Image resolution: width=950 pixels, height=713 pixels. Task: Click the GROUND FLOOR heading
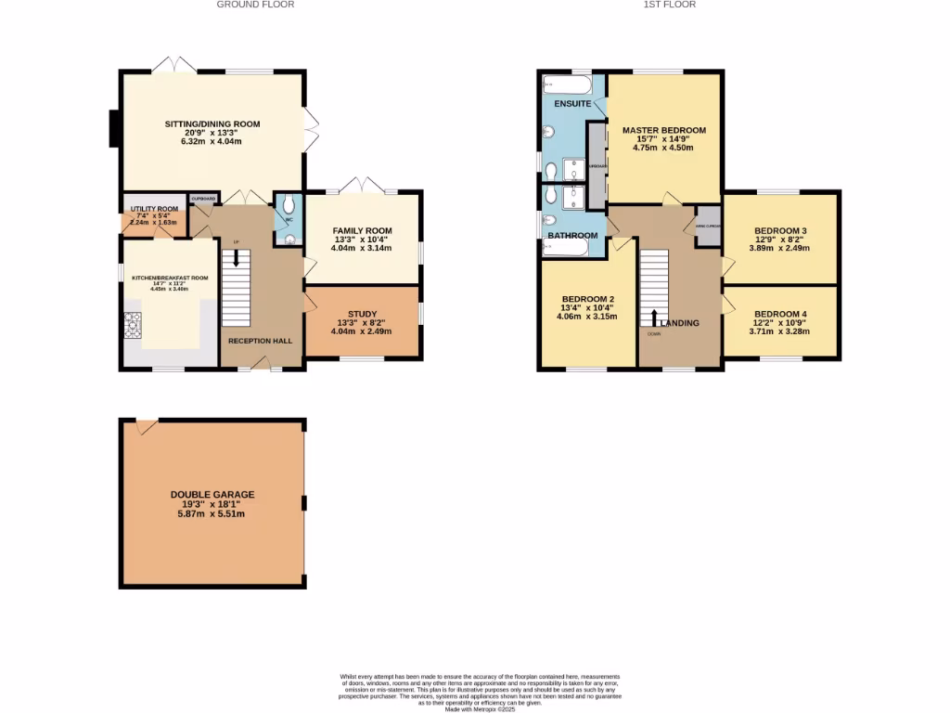[x=256, y=5]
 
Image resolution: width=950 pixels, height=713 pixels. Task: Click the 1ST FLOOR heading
[x=670, y=5]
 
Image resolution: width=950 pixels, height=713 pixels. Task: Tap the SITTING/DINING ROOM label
[x=212, y=123]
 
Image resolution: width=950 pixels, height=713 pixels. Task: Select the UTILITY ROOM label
[x=154, y=209]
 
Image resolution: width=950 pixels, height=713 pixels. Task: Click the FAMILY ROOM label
[x=363, y=230]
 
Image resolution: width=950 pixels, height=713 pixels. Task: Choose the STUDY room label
[x=363, y=314]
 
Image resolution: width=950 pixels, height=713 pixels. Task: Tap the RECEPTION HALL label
[x=261, y=341]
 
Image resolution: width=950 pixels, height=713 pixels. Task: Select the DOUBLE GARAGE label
[x=212, y=495]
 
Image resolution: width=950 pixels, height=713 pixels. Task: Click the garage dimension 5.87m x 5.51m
[x=212, y=513]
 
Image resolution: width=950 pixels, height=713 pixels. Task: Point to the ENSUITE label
[x=572, y=103]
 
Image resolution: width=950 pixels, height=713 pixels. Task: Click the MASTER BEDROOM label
[x=664, y=130]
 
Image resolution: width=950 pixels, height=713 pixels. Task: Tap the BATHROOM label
[x=572, y=236]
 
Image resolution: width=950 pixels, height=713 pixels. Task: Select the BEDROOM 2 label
[x=587, y=298]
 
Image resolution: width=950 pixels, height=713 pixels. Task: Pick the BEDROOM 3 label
[x=780, y=230]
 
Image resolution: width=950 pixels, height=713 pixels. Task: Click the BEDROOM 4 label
[x=780, y=314]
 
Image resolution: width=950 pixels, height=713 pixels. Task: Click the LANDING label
[x=680, y=323]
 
